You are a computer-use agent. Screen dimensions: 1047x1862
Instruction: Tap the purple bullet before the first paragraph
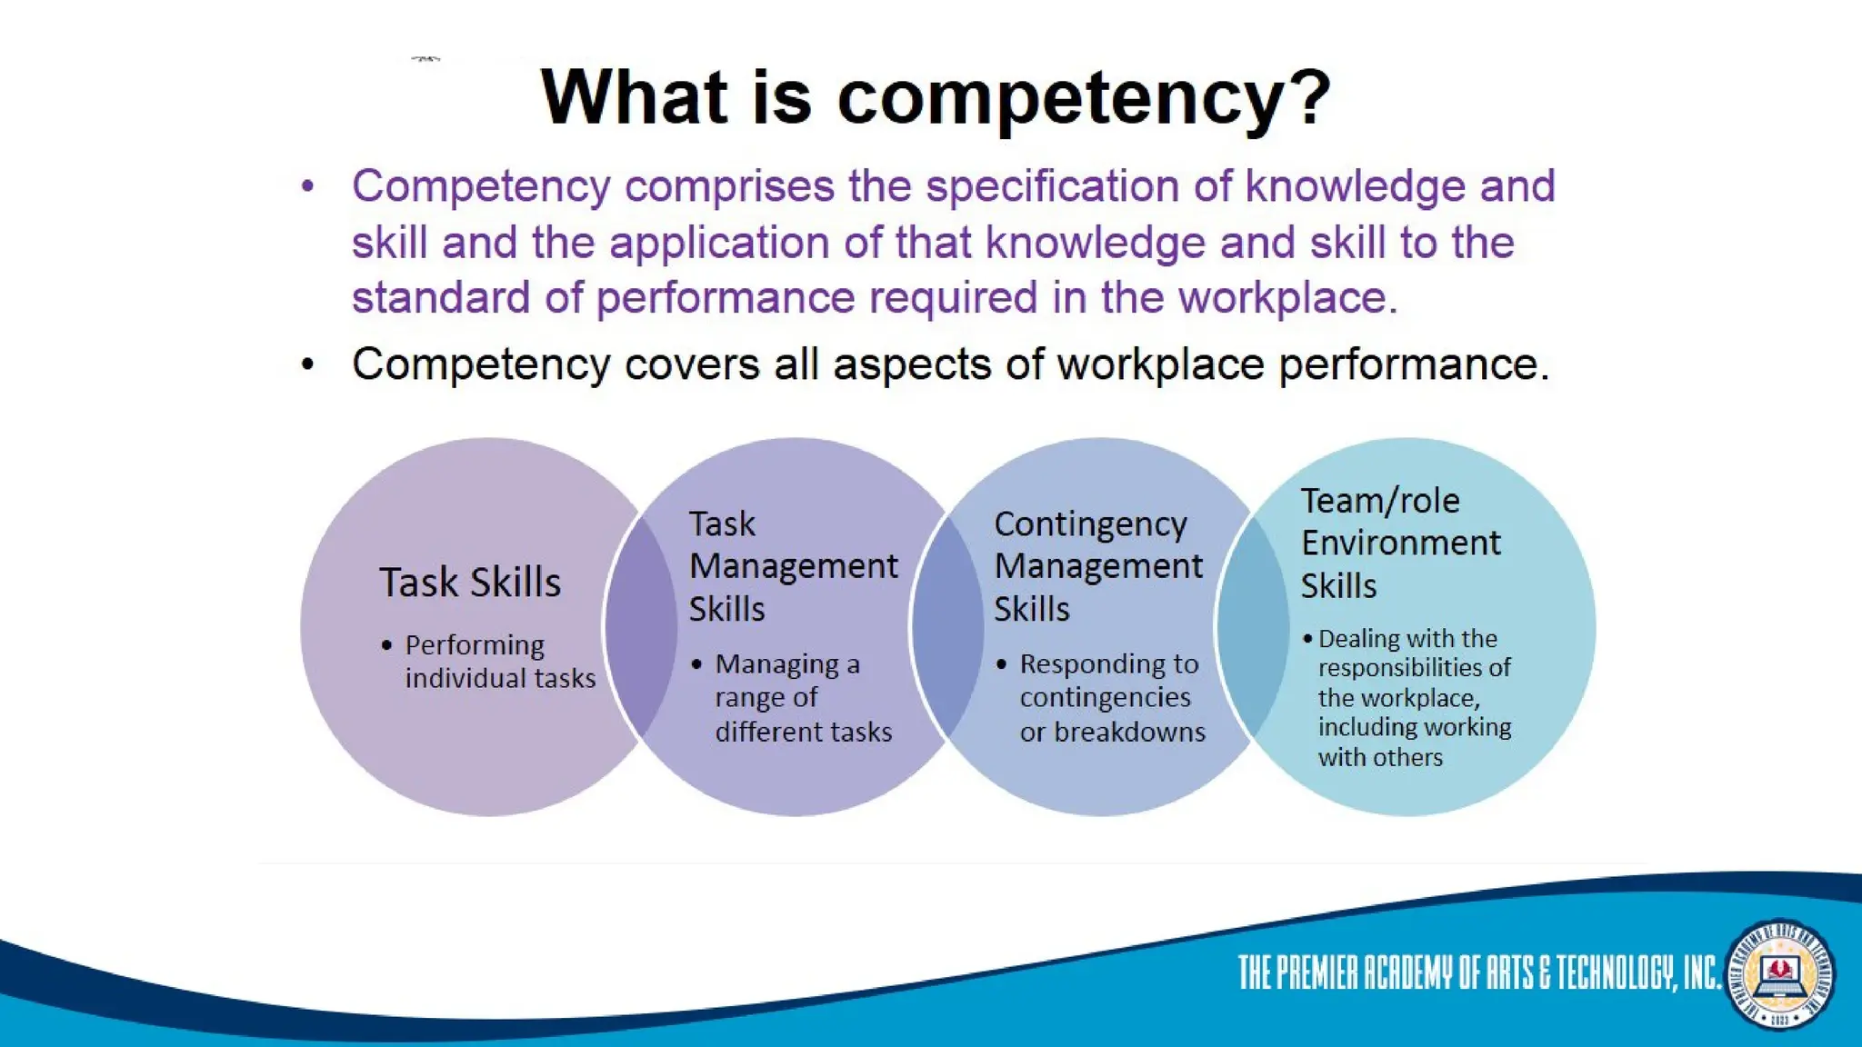point(308,187)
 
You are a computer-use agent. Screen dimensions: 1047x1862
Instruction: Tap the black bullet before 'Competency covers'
point(308,365)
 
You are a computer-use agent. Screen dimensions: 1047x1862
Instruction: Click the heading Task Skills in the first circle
point(470,583)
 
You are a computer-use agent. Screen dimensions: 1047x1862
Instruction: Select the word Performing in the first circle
point(475,645)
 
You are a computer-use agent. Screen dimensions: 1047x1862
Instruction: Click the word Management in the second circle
point(793,566)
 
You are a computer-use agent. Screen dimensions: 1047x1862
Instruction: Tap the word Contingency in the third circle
point(1090,524)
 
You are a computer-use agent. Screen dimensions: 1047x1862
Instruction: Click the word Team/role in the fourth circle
point(1380,501)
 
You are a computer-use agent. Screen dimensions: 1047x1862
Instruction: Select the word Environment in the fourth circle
point(1400,543)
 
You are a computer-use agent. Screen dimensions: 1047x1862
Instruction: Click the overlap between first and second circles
point(642,626)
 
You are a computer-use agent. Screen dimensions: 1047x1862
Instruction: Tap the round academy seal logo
point(1779,974)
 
